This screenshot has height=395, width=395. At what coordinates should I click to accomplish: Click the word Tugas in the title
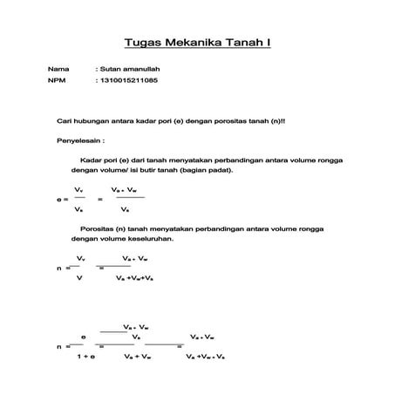pos(142,43)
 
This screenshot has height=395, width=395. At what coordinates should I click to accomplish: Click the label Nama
pos(58,68)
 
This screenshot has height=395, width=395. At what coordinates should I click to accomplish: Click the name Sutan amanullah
pos(130,68)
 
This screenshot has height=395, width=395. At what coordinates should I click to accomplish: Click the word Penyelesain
pos(78,140)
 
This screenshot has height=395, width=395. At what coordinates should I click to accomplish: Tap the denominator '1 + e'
pos(85,357)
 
